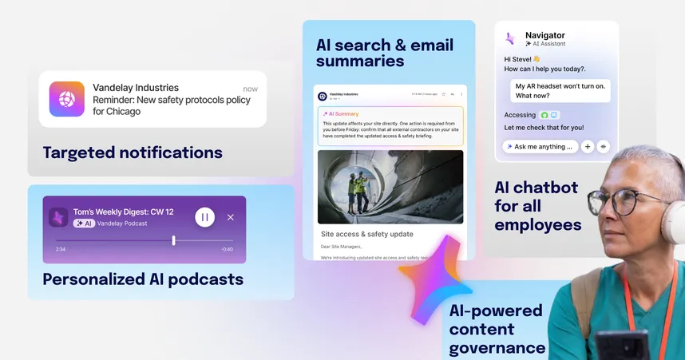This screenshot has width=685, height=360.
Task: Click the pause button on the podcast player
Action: [205, 217]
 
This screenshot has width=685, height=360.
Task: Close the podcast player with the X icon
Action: [231, 217]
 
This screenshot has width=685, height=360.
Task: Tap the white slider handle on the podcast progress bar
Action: [173, 240]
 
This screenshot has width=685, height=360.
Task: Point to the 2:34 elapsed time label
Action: [61, 250]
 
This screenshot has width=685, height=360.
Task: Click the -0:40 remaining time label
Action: [228, 250]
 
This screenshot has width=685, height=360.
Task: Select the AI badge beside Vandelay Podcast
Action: [84, 224]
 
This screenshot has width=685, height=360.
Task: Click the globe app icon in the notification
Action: [66, 100]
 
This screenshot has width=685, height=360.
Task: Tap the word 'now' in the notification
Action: [251, 89]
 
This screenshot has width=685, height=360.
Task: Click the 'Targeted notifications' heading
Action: [133, 152]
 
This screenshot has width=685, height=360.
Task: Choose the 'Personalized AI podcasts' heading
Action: [143, 279]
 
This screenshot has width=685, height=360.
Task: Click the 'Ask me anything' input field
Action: [540, 147]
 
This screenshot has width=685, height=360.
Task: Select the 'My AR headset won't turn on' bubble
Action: [560, 90]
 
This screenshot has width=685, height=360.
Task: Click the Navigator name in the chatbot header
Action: [545, 35]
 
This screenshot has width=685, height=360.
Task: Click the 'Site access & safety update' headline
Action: [366, 235]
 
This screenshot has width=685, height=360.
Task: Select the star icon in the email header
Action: [444, 94]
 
